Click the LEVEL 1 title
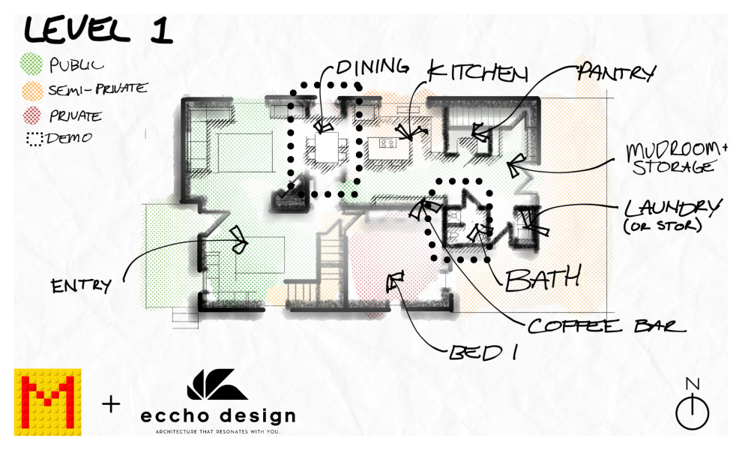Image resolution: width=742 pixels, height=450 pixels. click(x=98, y=29)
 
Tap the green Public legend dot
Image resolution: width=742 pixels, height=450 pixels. click(x=31, y=64)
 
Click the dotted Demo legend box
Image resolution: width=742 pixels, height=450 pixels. click(x=34, y=139)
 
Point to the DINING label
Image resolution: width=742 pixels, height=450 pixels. click(x=372, y=67)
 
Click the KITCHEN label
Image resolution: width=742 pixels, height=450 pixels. click(x=477, y=73)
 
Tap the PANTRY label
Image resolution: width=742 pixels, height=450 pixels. click(x=617, y=72)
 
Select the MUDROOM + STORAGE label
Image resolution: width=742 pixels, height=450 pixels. click(x=676, y=159)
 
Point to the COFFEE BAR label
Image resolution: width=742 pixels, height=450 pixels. click(x=606, y=326)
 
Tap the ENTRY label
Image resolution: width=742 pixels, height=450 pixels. click(x=81, y=286)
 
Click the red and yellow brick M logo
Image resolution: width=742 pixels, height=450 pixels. click(x=47, y=402)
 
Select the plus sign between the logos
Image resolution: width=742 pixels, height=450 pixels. click(x=111, y=404)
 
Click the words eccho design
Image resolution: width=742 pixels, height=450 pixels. click(x=218, y=416)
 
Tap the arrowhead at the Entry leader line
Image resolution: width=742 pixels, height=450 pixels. click(x=239, y=240)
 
